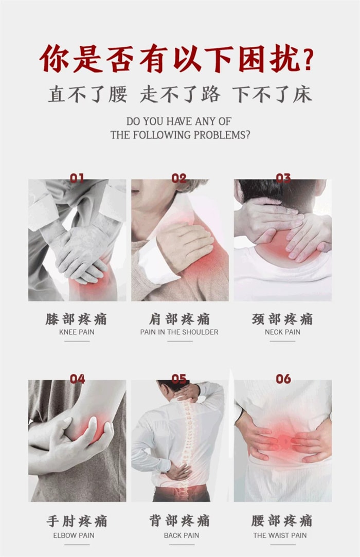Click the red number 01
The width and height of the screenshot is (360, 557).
pos(77,177)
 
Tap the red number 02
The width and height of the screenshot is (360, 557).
pos(179,177)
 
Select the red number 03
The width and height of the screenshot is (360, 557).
pos(283,177)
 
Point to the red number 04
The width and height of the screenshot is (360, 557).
pos(77,379)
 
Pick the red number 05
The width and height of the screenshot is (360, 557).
pos(179,379)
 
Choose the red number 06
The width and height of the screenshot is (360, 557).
pos(283,379)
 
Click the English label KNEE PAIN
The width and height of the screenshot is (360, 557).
pos(77,332)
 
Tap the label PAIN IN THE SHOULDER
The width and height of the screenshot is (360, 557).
pos(179,332)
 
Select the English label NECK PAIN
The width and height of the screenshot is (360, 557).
pos(282,332)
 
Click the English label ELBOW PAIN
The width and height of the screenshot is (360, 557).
pos(74,535)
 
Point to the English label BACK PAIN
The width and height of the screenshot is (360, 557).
pos(182,535)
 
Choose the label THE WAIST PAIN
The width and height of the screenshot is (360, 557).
pos(280,535)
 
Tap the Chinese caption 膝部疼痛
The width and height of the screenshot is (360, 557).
pos(76,319)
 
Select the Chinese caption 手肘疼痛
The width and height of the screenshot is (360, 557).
pos(77,521)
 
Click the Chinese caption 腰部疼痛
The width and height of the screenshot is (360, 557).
pos(282,521)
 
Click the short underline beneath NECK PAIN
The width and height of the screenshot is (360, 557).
pos(282,342)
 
